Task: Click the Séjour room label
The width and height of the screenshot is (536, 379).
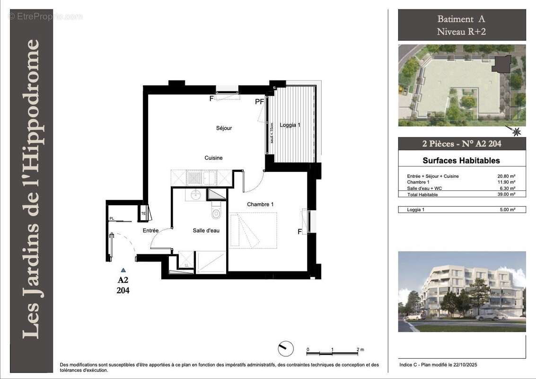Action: click(224, 128)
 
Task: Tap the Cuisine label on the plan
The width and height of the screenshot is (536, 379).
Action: click(213, 158)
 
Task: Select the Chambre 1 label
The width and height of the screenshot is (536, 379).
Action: click(260, 204)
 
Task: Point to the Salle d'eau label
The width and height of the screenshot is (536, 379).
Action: click(206, 231)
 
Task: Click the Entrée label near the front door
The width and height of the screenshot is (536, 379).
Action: click(151, 230)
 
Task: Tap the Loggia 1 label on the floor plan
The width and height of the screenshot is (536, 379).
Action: click(290, 125)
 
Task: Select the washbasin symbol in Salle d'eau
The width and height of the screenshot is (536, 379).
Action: click(196, 194)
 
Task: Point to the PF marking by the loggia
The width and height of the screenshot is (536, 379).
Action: click(259, 101)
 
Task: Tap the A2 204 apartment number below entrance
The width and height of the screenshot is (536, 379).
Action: click(123, 285)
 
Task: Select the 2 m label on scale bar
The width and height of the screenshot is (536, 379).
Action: click(360, 350)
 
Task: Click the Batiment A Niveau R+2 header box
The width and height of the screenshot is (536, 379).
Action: click(461, 25)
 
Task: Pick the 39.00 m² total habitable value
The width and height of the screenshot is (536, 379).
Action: click(507, 194)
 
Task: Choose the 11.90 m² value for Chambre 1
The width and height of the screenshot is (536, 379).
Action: click(507, 182)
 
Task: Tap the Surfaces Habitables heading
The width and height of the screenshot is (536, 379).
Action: click(461, 161)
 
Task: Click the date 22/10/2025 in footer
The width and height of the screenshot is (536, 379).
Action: click(471, 364)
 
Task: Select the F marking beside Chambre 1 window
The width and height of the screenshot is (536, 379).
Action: click(299, 232)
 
